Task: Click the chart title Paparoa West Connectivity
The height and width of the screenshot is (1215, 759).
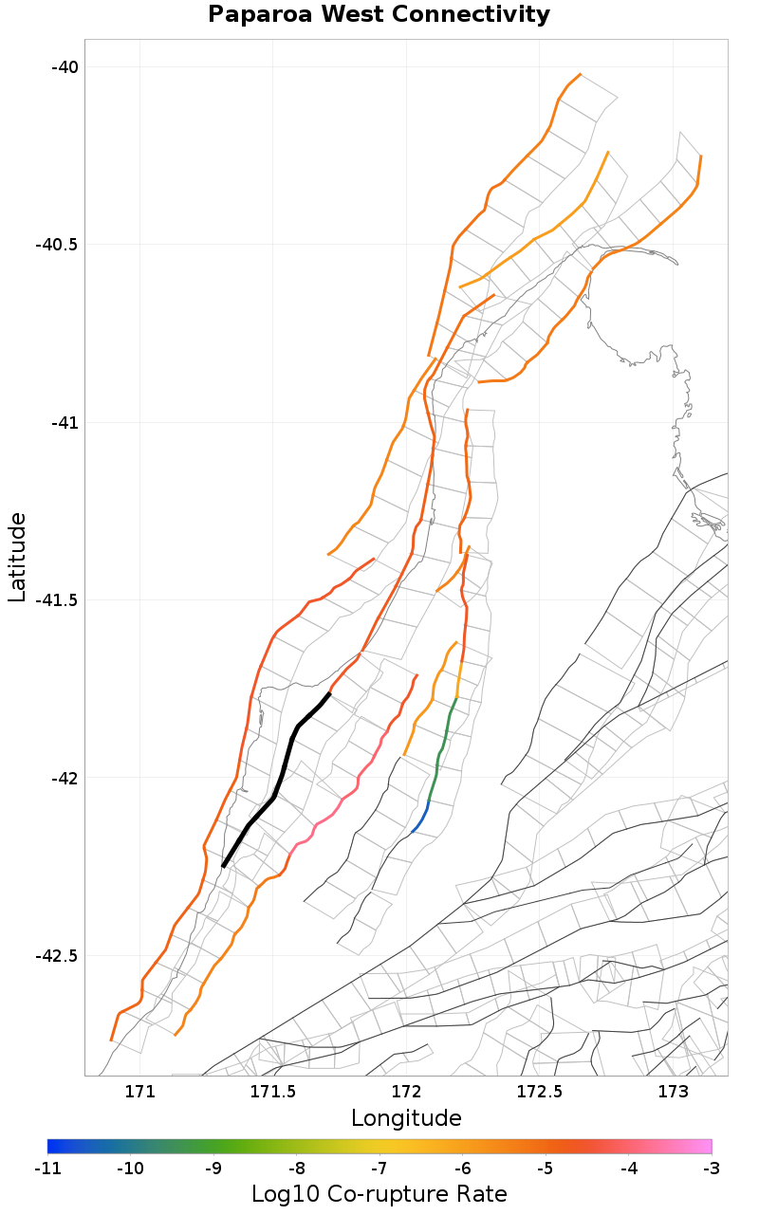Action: click(x=379, y=15)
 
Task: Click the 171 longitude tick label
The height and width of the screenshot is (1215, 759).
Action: click(x=139, y=1092)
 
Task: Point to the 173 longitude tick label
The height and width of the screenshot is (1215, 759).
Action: click(x=673, y=1092)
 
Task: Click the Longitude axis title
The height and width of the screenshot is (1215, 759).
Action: click(x=406, y=1118)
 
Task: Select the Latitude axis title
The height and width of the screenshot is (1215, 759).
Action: click(x=17, y=557)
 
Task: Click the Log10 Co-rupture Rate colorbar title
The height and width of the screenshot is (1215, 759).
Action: click(x=379, y=1194)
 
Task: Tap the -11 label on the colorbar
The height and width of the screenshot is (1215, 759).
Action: click(x=47, y=1168)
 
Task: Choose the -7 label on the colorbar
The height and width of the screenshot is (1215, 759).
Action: click(x=379, y=1168)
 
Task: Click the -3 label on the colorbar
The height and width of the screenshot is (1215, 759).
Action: click(x=711, y=1168)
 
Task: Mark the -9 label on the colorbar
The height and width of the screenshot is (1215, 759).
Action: click(x=213, y=1168)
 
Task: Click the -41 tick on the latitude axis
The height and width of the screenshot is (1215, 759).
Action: click(x=64, y=422)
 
